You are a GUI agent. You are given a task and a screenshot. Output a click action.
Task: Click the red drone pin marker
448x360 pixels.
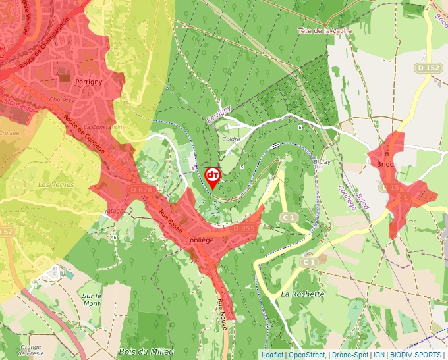pos(213,176)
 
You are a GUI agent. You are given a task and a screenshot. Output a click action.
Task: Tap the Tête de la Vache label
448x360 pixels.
pos(325,31)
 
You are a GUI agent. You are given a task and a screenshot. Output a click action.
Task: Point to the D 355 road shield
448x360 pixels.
pos(243,228)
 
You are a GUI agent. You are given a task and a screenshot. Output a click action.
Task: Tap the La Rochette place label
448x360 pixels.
pos(303,294)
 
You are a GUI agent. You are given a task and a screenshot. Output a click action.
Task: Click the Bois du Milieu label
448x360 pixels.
pos(146,352)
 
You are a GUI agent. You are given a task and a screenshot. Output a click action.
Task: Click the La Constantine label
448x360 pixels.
pos(105,126)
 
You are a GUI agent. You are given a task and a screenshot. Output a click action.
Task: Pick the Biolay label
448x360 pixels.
pos(322,161)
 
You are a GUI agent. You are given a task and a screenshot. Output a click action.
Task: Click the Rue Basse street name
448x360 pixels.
pos(171,221)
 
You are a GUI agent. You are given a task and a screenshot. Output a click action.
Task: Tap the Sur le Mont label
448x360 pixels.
pos(91,300)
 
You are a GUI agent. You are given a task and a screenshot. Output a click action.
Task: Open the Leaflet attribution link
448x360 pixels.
pos(272,355)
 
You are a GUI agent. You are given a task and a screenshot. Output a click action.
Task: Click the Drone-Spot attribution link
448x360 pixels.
pos(349,355)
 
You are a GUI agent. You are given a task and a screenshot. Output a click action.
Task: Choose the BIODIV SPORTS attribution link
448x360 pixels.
pos(416,355)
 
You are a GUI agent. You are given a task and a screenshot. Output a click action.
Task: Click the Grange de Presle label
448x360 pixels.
pos(31,349)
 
